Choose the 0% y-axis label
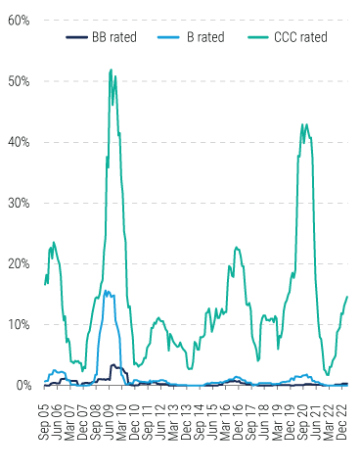click(x=21, y=385)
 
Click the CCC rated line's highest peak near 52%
click(x=112, y=70)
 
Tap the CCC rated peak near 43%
click(x=305, y=124)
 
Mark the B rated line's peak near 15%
click(x=106, y=291)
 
